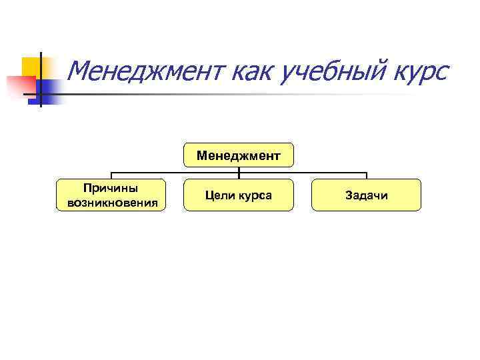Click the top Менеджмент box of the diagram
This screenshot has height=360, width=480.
pos(238,155)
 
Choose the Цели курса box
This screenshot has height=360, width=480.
pos(238,195)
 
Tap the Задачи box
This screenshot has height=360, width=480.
pos(366,195)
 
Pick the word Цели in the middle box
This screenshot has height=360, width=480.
pos(218,195)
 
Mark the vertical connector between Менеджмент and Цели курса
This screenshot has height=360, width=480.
pos(238,173)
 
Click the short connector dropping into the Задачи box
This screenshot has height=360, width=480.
pos(366,175)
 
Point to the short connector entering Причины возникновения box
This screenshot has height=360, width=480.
pos(111,175)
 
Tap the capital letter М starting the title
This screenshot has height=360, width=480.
pos(79,70)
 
